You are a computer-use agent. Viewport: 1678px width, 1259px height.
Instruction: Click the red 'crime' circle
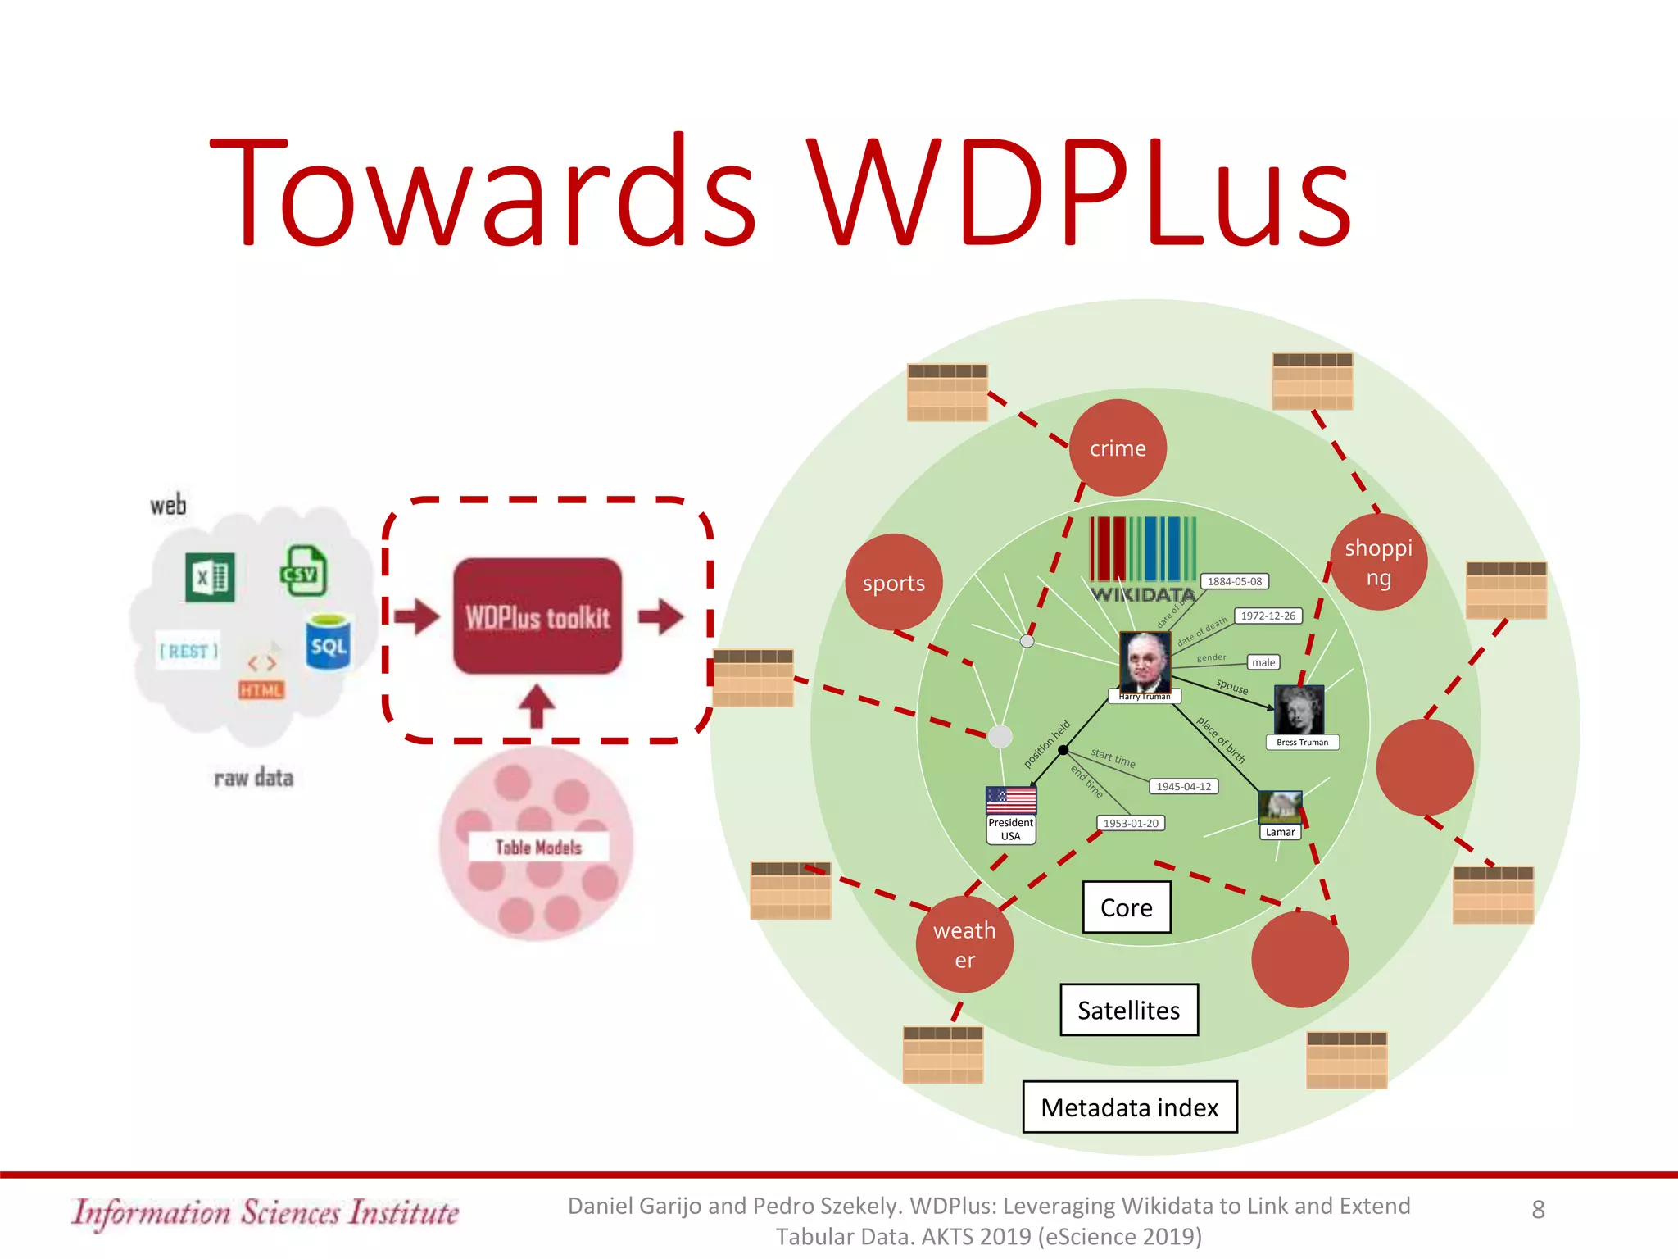pyautogui.click(x=1117, y=448)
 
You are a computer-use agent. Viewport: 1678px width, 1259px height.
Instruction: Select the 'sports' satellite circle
pyautogui.click(x=893, y=583)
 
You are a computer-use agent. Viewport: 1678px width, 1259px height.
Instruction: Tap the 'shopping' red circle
pyautogui.click(x=1378, y=562)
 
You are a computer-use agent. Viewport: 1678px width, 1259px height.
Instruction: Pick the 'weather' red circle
pyautogui.click(x=964, y=944)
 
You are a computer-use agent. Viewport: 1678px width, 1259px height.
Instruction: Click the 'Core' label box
pyautogui.click(x=1126, y=907)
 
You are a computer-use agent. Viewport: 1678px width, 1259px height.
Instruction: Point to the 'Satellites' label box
pyautogui.click(x=1128, y=1010)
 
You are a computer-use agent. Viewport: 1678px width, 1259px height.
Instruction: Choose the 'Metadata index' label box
pyautogui.click(x=1129, y=1107)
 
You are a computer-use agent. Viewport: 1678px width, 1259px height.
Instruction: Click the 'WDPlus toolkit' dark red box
pyautogui.click(x=537, y=616)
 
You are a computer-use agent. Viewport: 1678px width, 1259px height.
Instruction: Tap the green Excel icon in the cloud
pyautogui.click(x=210, y=577)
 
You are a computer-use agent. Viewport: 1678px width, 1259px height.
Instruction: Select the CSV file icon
pyautogui.click(x=304, y=570)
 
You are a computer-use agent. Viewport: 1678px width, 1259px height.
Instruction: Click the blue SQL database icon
pyautogui.click(x=329, y=643)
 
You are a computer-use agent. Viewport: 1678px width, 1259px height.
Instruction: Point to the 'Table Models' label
pyautogui.click(x=538, y=847)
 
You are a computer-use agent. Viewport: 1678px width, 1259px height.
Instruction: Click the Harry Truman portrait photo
pyautogui.click(x=1145, y=661)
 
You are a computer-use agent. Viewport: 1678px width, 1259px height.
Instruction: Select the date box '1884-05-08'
pyautogui.click(x=1234, y=581)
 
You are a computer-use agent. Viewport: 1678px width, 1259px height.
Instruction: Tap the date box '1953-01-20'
pyautogui.click(x=1130, y=823)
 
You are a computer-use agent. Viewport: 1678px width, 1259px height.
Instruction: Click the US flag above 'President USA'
pyautogui.click(x=1010, y=800)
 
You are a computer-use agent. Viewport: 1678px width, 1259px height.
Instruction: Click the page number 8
pyautogui.click(x=1538, y=1209)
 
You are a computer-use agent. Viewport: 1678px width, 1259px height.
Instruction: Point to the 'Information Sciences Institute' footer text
pyautogui.click(x=265, y=1212)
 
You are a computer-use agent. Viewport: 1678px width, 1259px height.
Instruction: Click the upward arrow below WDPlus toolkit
pyautogui.click(x=537, y=705)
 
